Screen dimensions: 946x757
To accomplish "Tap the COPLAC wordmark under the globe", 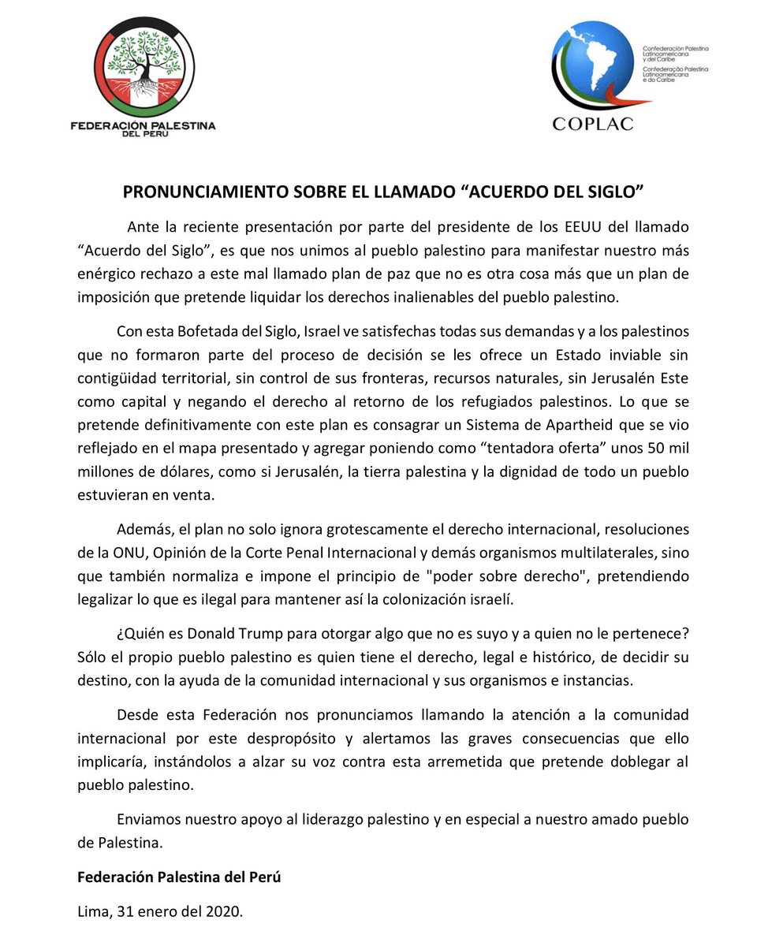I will point(592,123).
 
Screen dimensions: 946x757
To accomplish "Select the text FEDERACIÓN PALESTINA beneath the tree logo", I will point(142,125).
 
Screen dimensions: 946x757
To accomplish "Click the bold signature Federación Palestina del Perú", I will point(179,877).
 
